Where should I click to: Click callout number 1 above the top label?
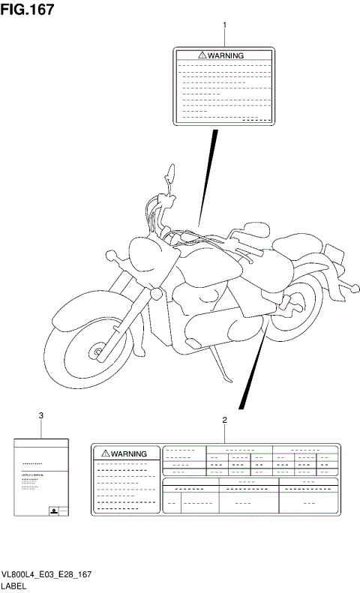pyautogui.click(x=224, y=25)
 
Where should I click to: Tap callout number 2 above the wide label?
pyautogui.click(x=224, y=420)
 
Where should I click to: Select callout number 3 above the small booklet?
pyautogui.click(x=40, y=415)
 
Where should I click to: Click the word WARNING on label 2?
pyautogui.click(x=130, y=454)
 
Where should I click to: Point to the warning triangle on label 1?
pyautogui.click(x=202, y=55)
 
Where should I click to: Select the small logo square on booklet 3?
pyautogui.click(x=54, y=510)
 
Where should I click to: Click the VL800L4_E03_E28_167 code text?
pyautogui.click(x=46, y=573)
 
